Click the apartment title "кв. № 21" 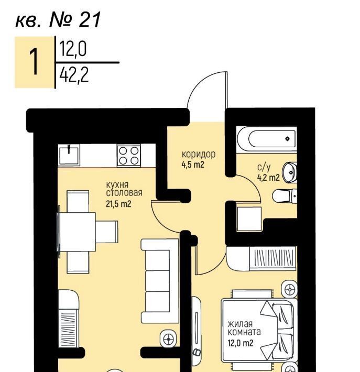point(58,20)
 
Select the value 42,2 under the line point(74,74)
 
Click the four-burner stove point(129,156)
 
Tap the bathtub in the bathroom point(267,139)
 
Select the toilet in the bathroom point(285,196)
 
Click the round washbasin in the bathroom point(289,172)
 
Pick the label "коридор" point(199,154)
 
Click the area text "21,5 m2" point(118,204)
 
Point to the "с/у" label point(264,167)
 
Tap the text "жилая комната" point(244,327)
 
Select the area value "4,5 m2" point(193,165)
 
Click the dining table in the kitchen point(77,232)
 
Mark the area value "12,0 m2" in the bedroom point(241,343)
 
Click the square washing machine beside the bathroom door point(249,218)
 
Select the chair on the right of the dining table point(106,232)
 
